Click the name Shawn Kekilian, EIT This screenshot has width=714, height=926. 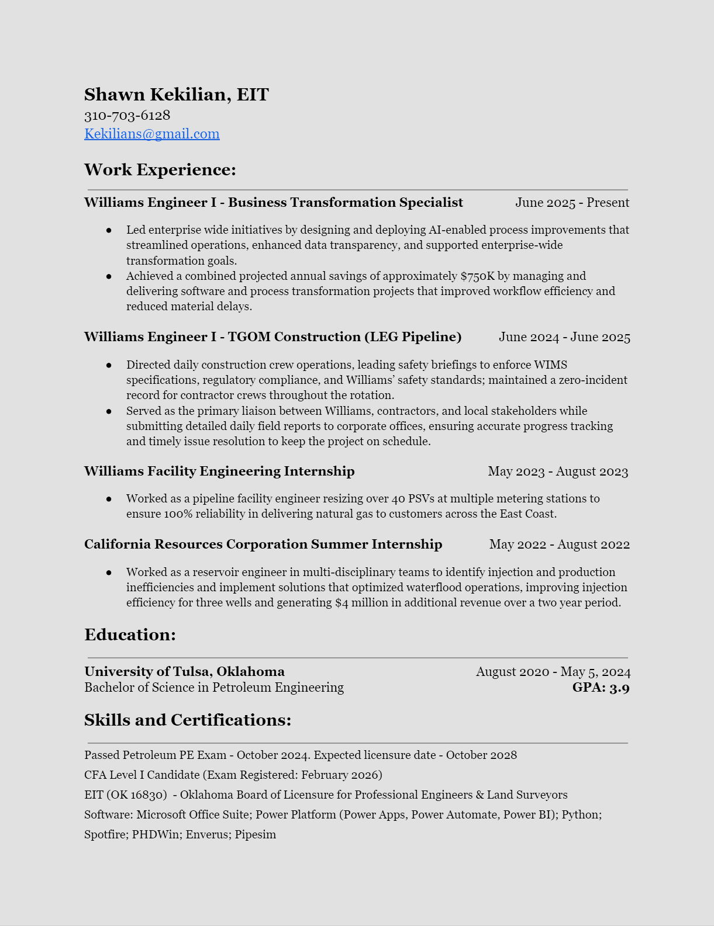tap(176, 95)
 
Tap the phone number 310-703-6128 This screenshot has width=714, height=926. tap(127, 115)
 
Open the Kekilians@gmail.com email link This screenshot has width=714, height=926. tap(151, 134)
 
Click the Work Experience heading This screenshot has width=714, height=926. tap(160, 170)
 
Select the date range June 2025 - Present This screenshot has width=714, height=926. tap(572, 203)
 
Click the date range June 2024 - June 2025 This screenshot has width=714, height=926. tap(564, 337)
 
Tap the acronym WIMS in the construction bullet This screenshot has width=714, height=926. tap(550, 365)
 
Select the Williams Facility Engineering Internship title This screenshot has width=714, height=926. tap(219, 471)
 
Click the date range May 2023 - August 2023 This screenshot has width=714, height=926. tap(558, 471)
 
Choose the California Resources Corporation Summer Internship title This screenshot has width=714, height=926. tap(263, 544)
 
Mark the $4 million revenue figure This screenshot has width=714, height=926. tap(363, 602)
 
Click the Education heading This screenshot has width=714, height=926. tap(130, 635)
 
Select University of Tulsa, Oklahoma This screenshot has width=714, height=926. tap(184, 672)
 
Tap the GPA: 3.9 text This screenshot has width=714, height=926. tap(601, 688)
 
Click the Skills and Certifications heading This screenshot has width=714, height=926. tap(187, 720)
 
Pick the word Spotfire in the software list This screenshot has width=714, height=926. tap(105, 834)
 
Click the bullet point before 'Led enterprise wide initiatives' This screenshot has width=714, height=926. tap(109, 230)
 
